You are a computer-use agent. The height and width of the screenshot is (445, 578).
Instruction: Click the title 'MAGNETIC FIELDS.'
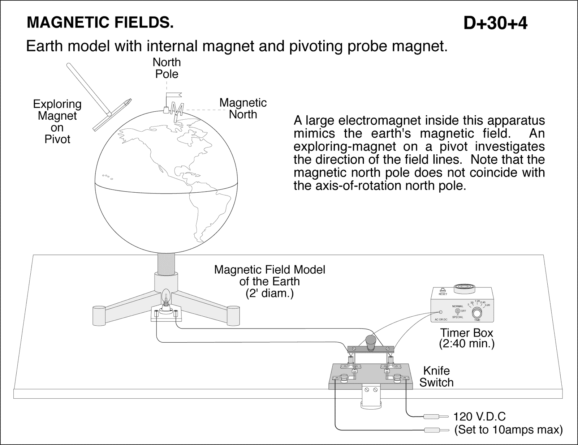coord(100,23)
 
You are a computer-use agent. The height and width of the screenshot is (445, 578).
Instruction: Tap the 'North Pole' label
coord(167,68)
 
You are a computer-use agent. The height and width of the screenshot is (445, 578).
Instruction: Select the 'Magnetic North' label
coord(243,108)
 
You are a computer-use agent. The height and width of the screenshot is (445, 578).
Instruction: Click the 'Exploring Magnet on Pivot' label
coord(57,121)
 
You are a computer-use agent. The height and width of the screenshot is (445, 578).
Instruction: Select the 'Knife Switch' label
coord(436,376)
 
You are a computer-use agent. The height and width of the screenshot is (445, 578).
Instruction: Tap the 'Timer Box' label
coord(466,333)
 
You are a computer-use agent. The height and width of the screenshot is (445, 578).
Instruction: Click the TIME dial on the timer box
coord(477,313)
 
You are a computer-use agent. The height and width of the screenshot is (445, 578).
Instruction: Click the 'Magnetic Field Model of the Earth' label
coord(269,281)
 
